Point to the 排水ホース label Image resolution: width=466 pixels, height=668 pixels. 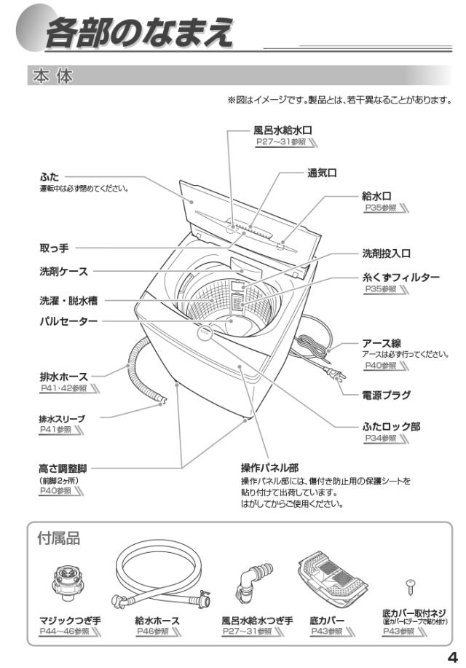point(64,376)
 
